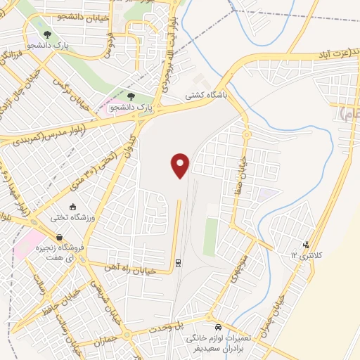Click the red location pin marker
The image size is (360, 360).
pyautogui.click(x=181, y=165)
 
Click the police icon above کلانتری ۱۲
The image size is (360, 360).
pyautogui.click(x=305, y=245)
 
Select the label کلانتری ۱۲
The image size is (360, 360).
pyautogui.click(x=294, y=257)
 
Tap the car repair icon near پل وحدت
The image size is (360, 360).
pyautogui.click(x=219, y=328)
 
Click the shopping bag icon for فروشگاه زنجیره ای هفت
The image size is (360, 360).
pyautogui.click(x=59, y=237)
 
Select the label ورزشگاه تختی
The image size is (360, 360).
pyautogui.click(x=65, y=218)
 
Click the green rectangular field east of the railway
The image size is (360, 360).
pyautogui.click(x=210, y=237)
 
